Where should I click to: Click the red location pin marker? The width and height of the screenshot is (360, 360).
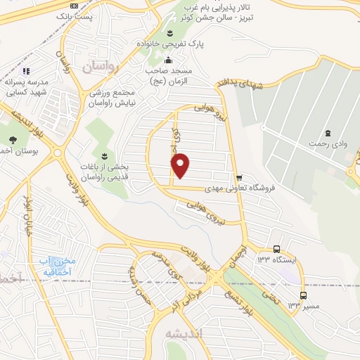[181, 165]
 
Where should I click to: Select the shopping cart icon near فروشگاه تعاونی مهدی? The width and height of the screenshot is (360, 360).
[240, 177]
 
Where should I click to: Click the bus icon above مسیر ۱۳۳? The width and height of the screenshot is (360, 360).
[303, 295]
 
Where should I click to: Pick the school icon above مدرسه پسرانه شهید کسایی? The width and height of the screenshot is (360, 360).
[26, 71]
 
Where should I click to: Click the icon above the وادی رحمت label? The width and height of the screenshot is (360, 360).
[328, 133]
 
